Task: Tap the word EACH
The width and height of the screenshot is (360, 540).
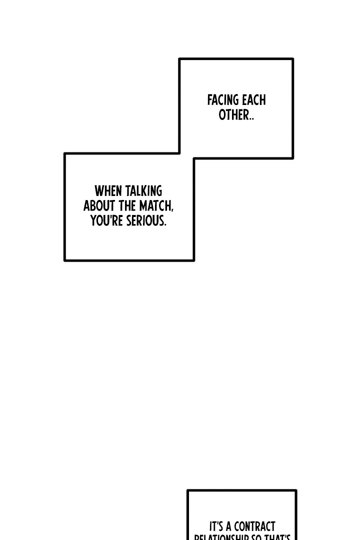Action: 254,100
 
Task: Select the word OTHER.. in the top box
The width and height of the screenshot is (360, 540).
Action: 236,115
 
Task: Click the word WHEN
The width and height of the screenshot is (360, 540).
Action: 108,191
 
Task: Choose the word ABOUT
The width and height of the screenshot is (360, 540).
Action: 99,206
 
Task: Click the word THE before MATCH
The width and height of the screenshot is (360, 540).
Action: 127,206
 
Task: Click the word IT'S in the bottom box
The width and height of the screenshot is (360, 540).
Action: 216,527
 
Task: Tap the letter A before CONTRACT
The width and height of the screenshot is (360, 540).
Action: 228,527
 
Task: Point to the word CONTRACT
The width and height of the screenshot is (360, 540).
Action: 254,527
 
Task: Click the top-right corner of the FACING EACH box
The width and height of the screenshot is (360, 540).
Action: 292,59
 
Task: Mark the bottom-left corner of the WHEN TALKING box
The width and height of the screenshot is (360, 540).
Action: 65,260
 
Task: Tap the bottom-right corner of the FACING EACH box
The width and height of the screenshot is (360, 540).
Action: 292,158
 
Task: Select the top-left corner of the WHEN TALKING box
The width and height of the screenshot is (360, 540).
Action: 65,154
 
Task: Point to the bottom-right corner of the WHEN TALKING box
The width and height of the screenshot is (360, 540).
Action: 193,260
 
